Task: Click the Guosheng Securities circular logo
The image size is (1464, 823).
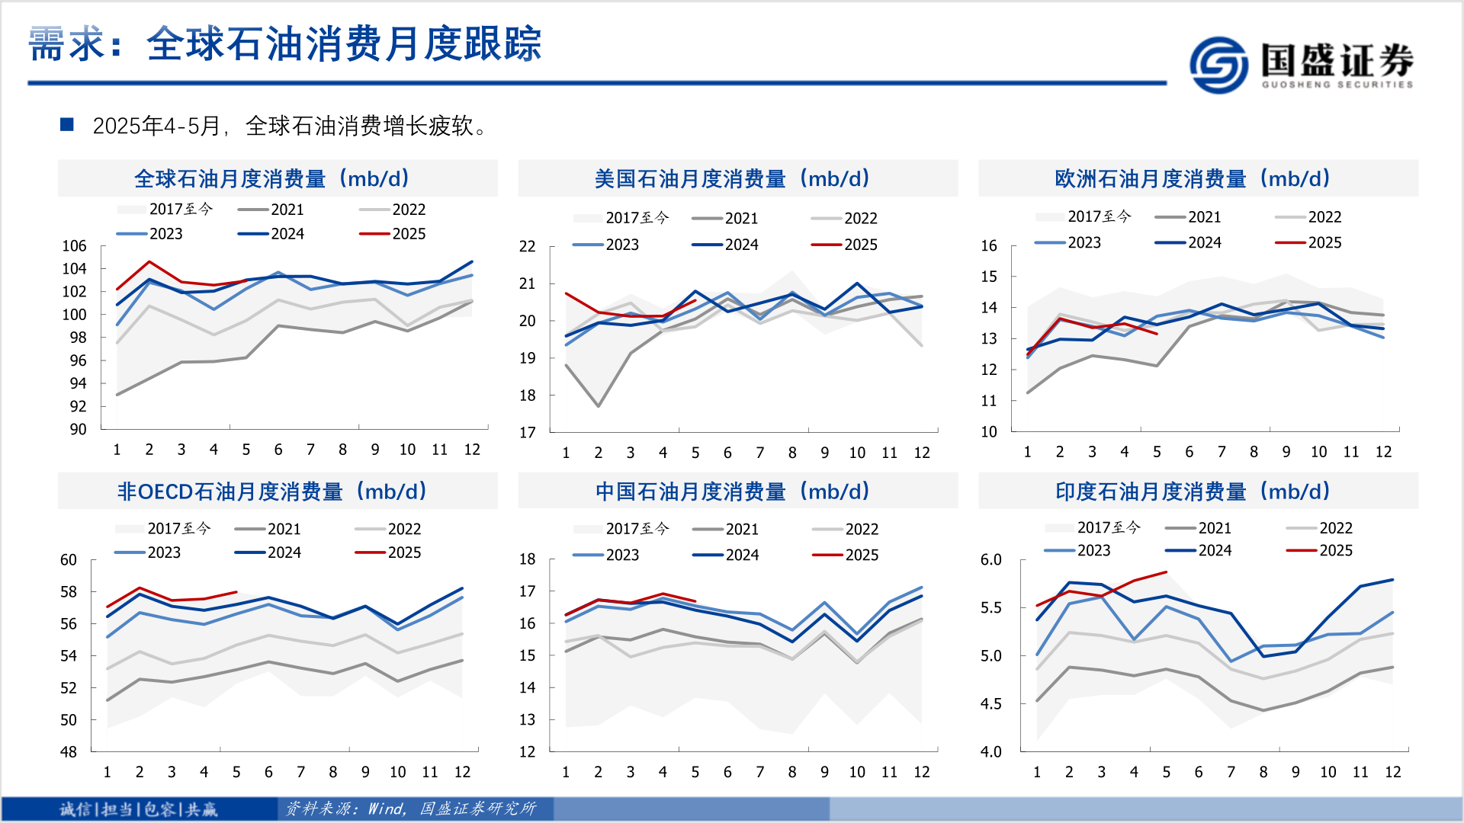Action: pyautogui.click(x=1218, y=65)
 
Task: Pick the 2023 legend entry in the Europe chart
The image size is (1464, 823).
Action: pyautogui.click(x=1067, y=242)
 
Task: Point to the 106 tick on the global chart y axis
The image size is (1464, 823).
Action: pyautogui.click(x=74, y=246)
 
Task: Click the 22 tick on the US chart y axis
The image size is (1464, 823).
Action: pyautogui.click(x=527, y=246)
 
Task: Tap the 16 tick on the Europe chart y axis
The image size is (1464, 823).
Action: pyautogui.click(x=988, y=245)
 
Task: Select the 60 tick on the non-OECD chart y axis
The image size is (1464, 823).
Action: pyautogui.click(x=69, y=560)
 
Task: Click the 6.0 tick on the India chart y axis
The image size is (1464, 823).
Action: pyautogui.click(x=990, y=559)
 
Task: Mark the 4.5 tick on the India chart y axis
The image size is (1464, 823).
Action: pyautogui.click(x=990, y=703)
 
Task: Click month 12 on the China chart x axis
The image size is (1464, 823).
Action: pyautogui.click(x=921, y=772)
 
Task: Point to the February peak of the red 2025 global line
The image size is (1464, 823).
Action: pyautogui.click(x=149, y=262)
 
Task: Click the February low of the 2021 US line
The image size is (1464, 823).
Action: pyautogui.click(x=599, y=406)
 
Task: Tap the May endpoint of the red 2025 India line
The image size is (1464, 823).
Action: pyautogui.click(x=1166, y=572)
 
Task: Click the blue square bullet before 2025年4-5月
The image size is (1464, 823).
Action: pyautogui.click(x=67, y=124)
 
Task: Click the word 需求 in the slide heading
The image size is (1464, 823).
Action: pyautogui.click(x=65, y=43)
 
